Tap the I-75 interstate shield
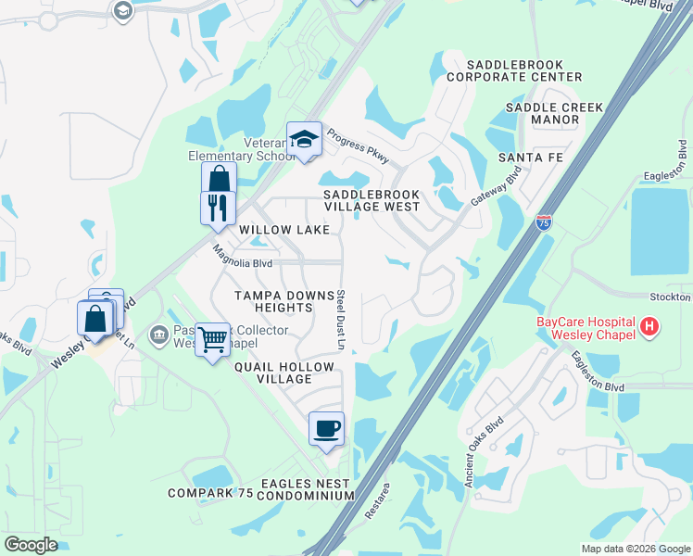pyautogui.click(x=544, y=222)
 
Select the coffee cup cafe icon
pyautogui.click(x=325, y=428)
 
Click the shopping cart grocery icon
pyautogui.click(x=213, y=340)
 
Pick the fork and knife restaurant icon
pyautogui.click(x=218, y=207)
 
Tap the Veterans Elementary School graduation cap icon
pyautogui.click(x=303, y=139)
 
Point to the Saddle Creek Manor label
pyautogui.click(x=555, y=114)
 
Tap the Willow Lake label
pyautogui.click(x=284, y=229)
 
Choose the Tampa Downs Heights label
pyautogui.click(x=283, y=302)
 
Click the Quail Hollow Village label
pyautogui.click(x=283, y=373)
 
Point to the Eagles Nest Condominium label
pyautogui.click(x=306, y=489)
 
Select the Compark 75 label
pyautogui.click(x=210, y=493)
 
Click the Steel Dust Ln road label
pyautogui.click(x=341, y=319)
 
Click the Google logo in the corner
pyautogui.click(x=31, y=545)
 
